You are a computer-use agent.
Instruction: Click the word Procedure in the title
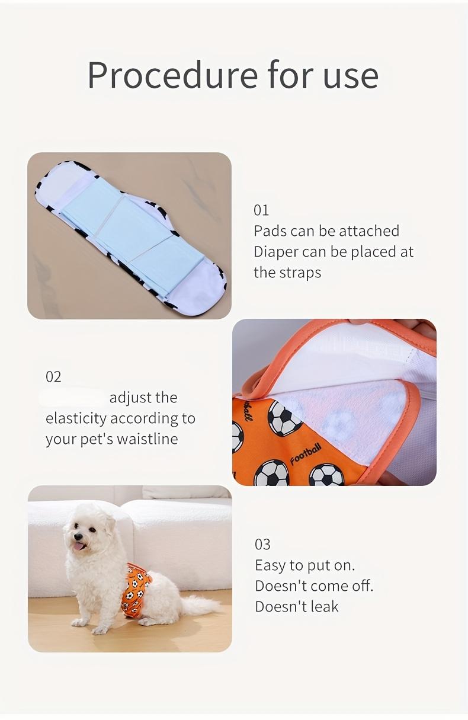[x=172, y=75]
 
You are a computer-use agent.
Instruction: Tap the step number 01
[x=261, y=210]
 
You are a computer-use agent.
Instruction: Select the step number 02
[x=53, y=377]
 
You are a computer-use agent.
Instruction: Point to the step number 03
[x=262, y=545]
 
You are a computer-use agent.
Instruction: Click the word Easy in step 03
[x=270, y=566]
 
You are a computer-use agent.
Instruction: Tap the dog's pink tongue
[x=78, y=546]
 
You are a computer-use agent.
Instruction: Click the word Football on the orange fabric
[x=306, y=455]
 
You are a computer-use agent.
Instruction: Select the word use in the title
[x=351, y=75]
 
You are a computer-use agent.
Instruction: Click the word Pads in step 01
[x=270, y=231]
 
